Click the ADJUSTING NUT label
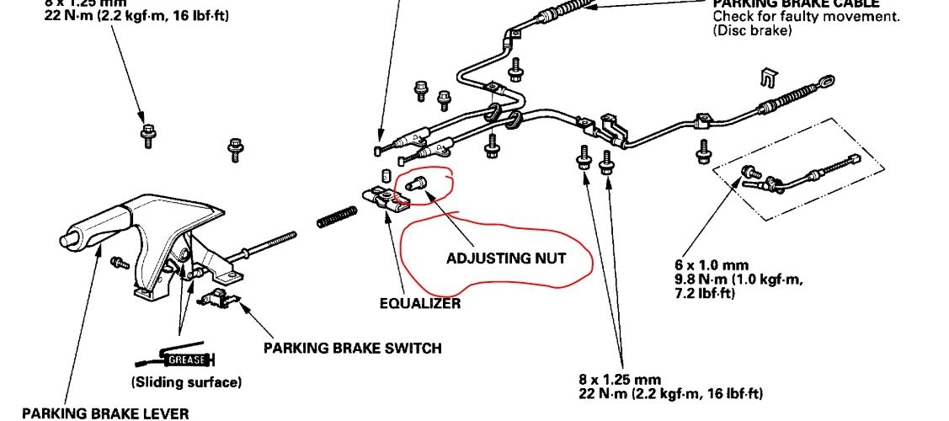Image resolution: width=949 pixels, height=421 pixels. pos(507,258)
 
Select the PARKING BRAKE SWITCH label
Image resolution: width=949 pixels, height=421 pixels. pos(352,347)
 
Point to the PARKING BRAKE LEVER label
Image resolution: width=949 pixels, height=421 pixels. pos(105,413)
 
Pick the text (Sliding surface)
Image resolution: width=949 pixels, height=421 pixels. pos(186,382)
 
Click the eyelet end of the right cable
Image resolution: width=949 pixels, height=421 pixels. pos(828,83)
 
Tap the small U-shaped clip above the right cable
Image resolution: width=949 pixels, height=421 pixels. pos(765,76)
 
